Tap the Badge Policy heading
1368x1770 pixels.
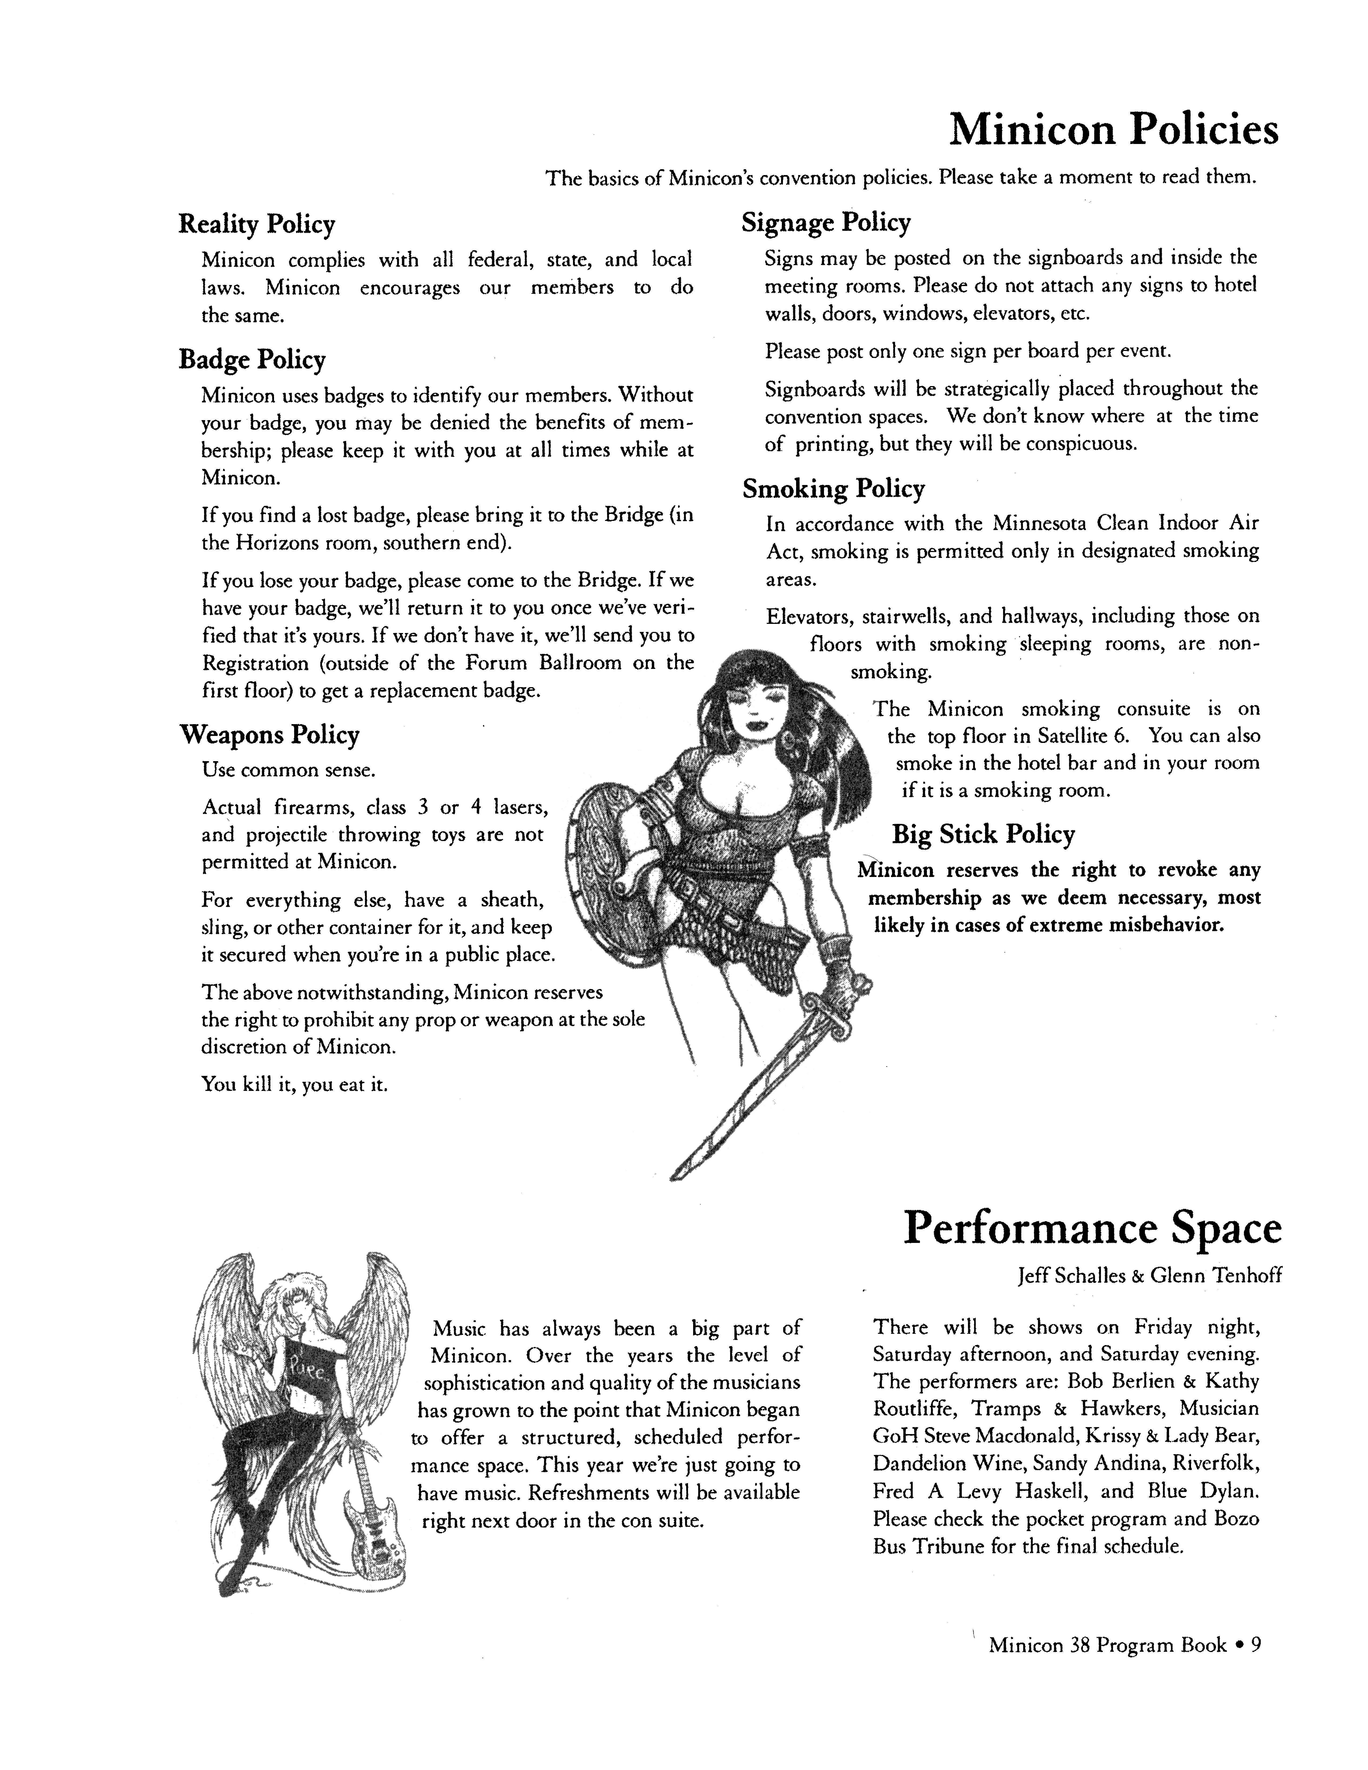(252, 360)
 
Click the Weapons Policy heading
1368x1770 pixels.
(269, 735)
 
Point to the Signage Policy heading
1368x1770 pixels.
(826, 223)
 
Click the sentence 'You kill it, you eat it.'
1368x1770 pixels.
(294, 1084)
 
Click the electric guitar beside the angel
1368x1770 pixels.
(373, 1532)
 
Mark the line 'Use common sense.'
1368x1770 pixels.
(289, 770)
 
